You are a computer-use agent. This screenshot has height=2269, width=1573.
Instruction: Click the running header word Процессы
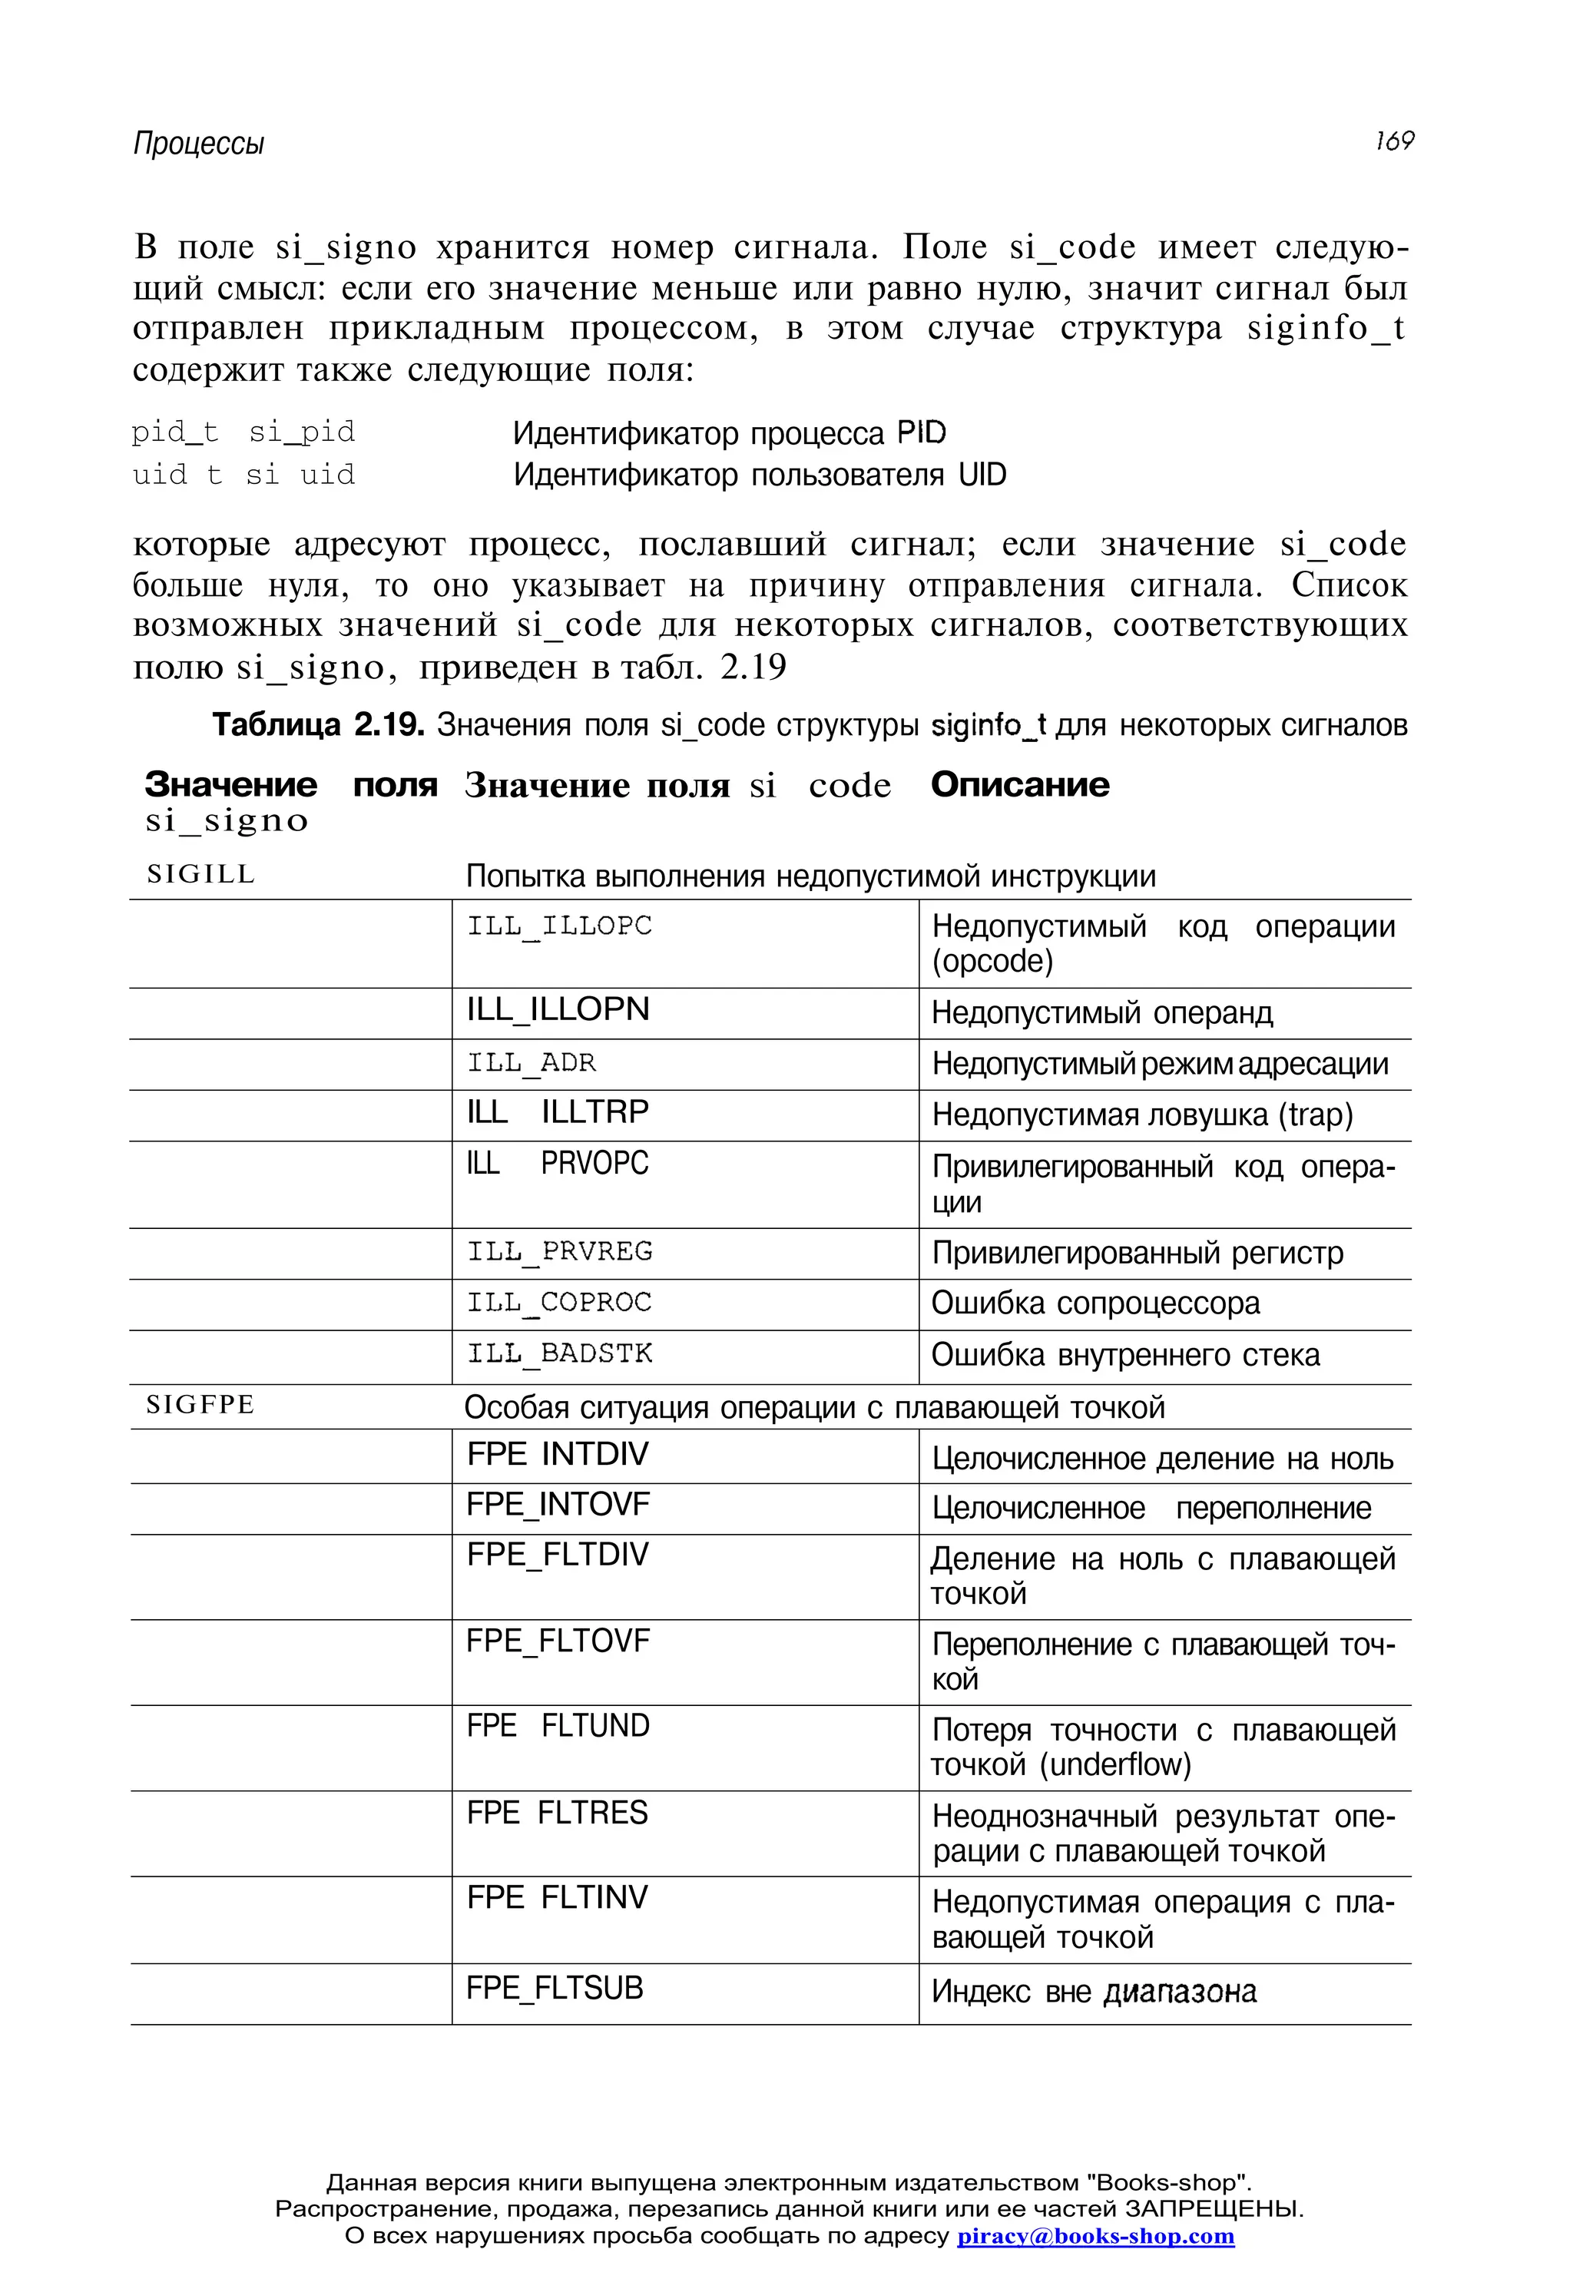point(199,144)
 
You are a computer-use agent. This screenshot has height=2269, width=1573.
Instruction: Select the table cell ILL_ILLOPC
point(559,926)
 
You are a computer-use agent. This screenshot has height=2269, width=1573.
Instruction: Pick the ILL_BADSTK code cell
point(559,1353)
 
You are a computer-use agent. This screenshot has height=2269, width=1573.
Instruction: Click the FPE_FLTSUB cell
point(554,1988)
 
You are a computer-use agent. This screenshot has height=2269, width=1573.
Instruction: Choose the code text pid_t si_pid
point(243,432)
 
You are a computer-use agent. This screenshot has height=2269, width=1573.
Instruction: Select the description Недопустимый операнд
point(1102,1012)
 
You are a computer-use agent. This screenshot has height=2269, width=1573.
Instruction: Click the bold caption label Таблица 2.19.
point(318,725)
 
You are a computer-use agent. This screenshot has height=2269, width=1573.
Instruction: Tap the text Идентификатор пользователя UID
point(759,475)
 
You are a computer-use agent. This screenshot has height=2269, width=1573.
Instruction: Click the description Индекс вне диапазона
point(1093,1991)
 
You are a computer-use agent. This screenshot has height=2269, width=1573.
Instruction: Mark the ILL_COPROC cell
point(559,1302)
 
